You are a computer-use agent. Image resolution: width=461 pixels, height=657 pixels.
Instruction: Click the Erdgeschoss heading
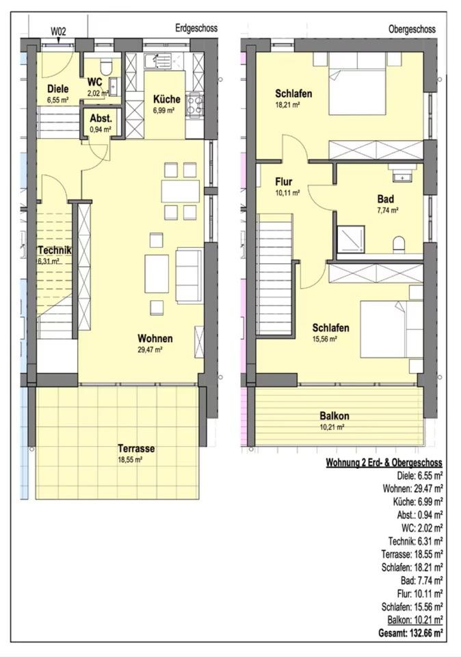tap(196, 28)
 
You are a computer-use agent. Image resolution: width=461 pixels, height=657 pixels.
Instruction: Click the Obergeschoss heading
tap(412, 29)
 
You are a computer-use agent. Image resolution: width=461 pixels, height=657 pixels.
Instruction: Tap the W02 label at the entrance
tap(58, 31)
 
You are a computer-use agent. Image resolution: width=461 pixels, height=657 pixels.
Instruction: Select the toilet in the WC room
tap(105, 66)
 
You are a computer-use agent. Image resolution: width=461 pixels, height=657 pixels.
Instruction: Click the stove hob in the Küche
tap(195, 105)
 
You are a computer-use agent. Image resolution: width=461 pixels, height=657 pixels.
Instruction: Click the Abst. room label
tap(101, 118)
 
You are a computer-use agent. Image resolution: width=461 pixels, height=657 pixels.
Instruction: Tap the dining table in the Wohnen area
tap(181, 191)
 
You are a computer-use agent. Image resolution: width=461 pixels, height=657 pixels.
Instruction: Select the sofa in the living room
tap(189, 275)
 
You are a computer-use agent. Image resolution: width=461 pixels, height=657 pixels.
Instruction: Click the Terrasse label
tap(136, 448)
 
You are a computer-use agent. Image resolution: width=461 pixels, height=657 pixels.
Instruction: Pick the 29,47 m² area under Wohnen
tap(150, 350)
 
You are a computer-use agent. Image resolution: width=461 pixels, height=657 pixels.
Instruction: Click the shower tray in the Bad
tap(351, 239)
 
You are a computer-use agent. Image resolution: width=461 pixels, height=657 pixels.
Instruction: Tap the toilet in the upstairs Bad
tap(399, 245)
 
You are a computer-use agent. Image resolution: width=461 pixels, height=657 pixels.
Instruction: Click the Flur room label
tap(283, 182)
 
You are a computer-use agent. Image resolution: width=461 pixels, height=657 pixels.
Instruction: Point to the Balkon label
tap(334, 416)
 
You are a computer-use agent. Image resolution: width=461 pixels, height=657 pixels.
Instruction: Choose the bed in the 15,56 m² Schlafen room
tap(391, 329)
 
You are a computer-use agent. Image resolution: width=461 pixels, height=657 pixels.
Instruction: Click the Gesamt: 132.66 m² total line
tap(410, 632)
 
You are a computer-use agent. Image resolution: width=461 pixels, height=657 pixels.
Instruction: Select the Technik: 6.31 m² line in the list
tap(415, 541)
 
